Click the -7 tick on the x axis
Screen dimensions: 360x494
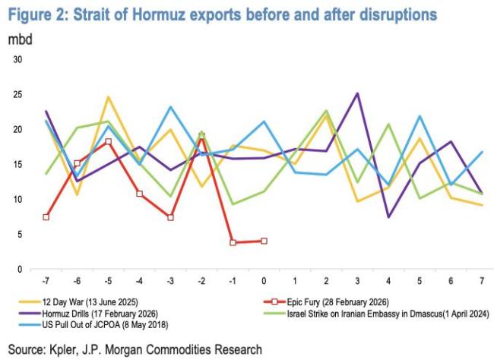[46, 283]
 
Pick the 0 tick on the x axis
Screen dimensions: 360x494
[264, 283]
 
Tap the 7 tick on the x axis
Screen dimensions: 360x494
[481, 283]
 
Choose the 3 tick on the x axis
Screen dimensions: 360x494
[357, 283]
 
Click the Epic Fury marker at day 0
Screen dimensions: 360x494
[264, 241]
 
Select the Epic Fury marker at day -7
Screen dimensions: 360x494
[46, 217]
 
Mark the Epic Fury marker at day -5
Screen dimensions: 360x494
[109, 142]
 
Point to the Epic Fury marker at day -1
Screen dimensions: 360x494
[233, 242]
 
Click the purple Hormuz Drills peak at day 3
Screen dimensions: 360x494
[357, 93]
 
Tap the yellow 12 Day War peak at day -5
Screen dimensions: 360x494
[109, 97]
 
